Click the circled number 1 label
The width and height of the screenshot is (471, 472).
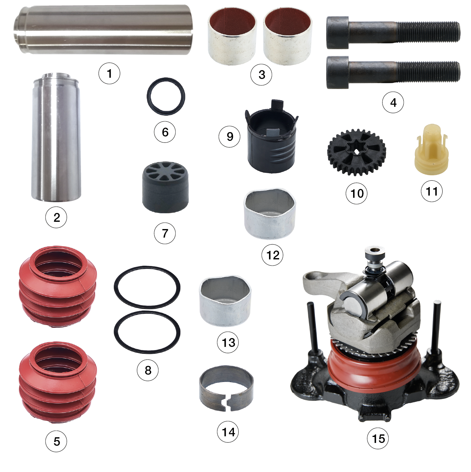coord(109,74)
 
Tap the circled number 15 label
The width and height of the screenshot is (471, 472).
coord(378,438)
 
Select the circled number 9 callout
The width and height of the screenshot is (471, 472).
coord(229,136)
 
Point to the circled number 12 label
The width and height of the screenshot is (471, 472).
coord(272,255)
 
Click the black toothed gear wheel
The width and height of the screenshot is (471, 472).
coord(357,152)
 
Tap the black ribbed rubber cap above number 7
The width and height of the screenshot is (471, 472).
coord(165,187)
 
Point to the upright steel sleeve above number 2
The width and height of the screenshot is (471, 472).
coord(56,137)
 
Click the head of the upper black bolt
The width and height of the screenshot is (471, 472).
coord(338,33)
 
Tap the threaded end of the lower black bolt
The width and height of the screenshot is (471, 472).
coord(428,72)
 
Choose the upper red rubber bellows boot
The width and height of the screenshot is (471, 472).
coord(58,286)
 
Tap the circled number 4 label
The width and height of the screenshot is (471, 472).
coord(393,102)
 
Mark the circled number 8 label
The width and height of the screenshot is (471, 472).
coord(148,370)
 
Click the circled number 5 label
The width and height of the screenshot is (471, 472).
coord(56,441)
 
